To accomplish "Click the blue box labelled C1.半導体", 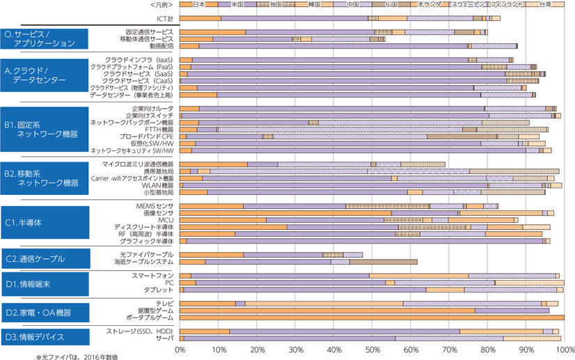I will pos(45,223).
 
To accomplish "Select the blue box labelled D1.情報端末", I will pos(45,284).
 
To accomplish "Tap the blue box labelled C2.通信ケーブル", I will pos(45,259).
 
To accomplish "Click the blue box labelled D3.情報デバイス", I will pos(45,337).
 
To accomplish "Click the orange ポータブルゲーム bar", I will pos(372,318).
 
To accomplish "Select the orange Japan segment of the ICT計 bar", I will pos(200,18).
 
